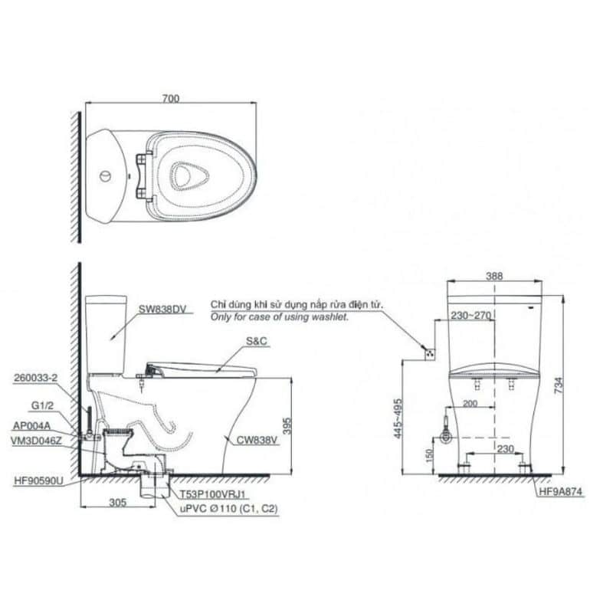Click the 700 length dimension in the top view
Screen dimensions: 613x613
click(171, 98)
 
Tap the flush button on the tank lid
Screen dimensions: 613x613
click(105, 176)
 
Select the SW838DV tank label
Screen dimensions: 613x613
click(162, 310)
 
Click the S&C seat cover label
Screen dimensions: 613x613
click(257, 341)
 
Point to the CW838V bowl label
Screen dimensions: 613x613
click(257, 440)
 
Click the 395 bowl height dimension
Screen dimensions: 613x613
click(287, 426)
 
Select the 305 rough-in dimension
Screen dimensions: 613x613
click(118, 503)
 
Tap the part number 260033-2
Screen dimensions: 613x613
click(35, 378)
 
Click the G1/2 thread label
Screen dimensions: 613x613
click(42, 406)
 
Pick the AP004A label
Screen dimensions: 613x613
click(31, 426)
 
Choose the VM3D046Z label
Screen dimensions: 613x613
click(36, 441)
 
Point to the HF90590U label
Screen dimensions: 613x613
click(38, 481)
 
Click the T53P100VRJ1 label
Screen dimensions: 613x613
click(213, 494)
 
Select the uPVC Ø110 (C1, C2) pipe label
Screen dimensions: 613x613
click(228, 509)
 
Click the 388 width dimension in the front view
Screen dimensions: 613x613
click(494, 276)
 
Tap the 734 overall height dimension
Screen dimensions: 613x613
click(559, 385)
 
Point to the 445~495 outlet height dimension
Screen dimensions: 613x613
click(398, 418)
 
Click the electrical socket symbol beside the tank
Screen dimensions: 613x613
click(431, 354)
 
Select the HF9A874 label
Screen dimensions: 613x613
click(561, 491)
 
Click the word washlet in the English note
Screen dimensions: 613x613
click(332, 317)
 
